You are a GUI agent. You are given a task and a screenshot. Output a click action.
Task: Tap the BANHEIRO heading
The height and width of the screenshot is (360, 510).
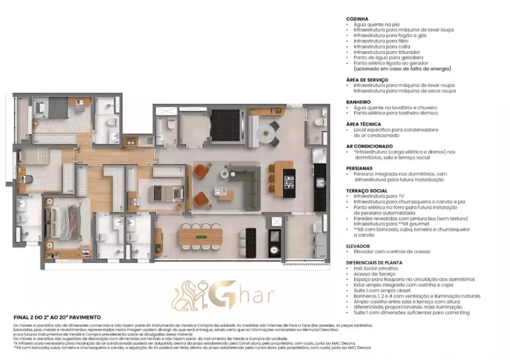tap(359, 102)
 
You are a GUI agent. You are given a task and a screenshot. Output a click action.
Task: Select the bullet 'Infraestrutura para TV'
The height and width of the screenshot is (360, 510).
tap(380, 197)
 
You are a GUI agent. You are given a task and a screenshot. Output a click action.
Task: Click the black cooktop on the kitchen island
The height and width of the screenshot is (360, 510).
tap(289, 179)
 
